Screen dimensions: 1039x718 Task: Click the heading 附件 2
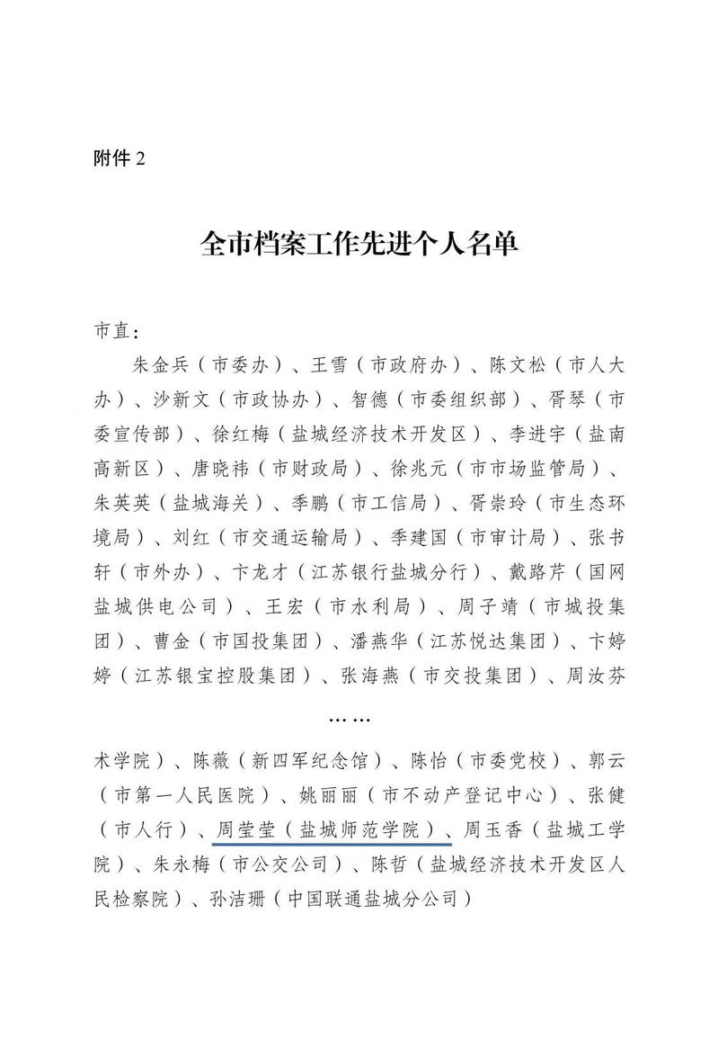(119, 159)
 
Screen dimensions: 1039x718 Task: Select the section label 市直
(116, 330)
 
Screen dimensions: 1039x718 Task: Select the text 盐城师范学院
(366, 829)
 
